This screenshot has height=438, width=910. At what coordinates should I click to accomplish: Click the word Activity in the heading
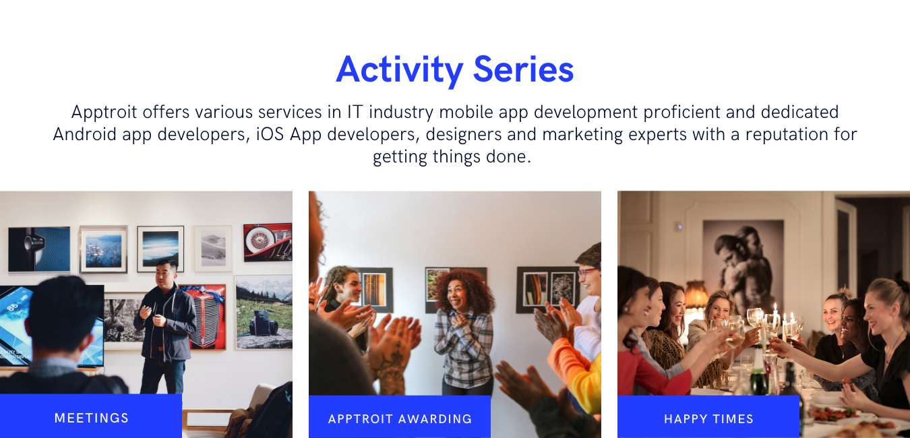[400, 69]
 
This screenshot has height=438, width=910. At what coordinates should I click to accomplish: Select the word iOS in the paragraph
[270, 134]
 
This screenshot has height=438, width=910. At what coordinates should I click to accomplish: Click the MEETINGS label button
[91, 418]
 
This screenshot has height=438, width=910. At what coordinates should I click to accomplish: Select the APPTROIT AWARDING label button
[400, 418]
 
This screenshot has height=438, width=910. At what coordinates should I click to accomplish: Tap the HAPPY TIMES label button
[708, 418]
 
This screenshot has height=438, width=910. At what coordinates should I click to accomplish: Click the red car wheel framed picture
[267, 242]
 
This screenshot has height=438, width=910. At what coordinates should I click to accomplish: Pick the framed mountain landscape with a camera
[264, 311]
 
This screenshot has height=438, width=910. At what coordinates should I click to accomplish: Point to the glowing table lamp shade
[696, 294]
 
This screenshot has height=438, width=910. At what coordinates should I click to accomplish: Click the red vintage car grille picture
[204, 315]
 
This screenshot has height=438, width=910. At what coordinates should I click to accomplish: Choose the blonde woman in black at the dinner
[883, 337]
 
